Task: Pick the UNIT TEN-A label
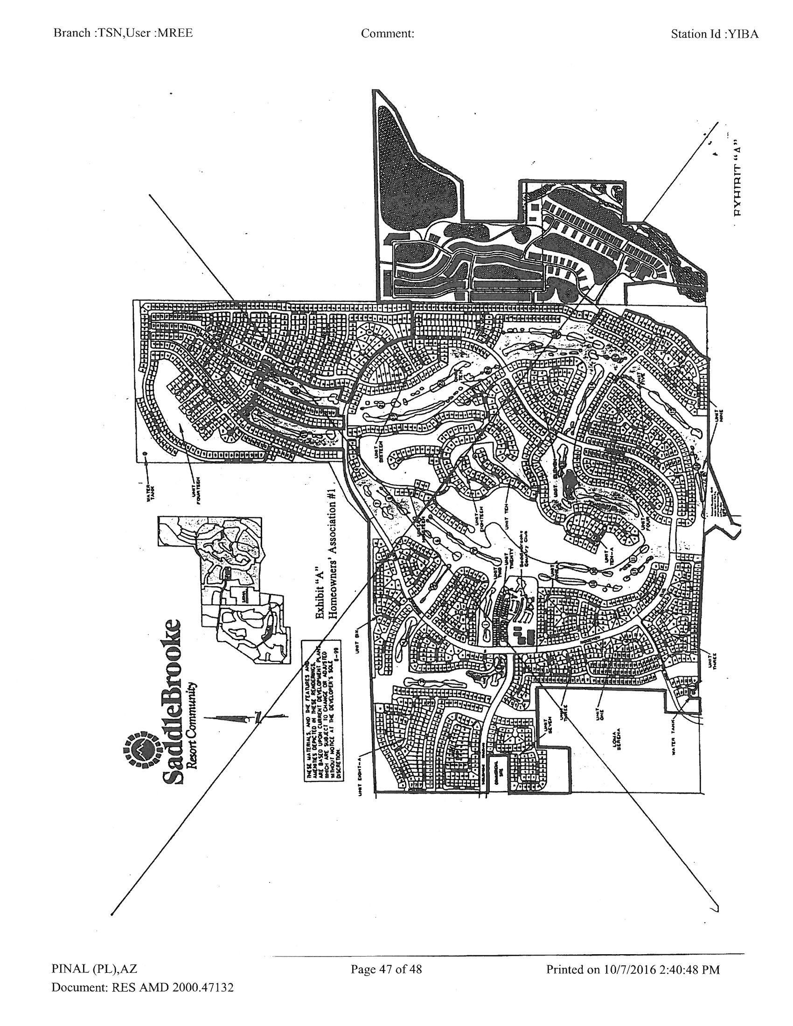coord(609,557)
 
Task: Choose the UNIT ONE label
coord(600,713)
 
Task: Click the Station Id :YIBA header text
coord(715,34)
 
